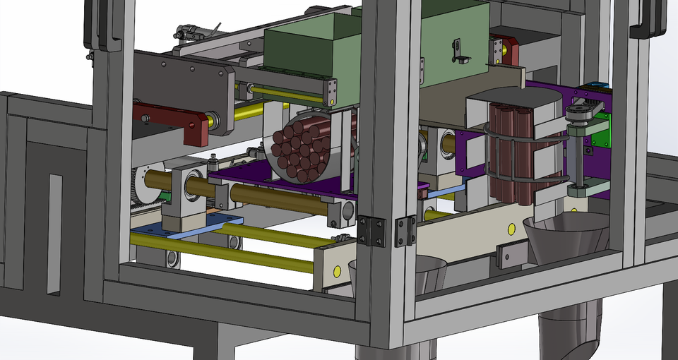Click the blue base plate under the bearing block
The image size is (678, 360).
coord(187,227)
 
